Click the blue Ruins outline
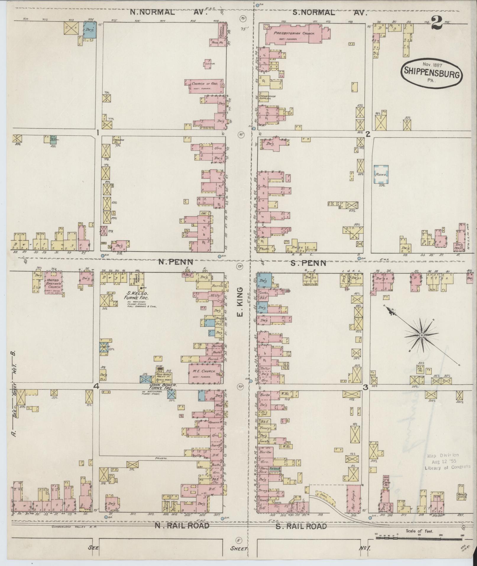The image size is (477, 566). tap(381, 175)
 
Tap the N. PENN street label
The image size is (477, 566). tap(175, 262)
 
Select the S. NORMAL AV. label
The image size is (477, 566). tap(329, 13)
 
